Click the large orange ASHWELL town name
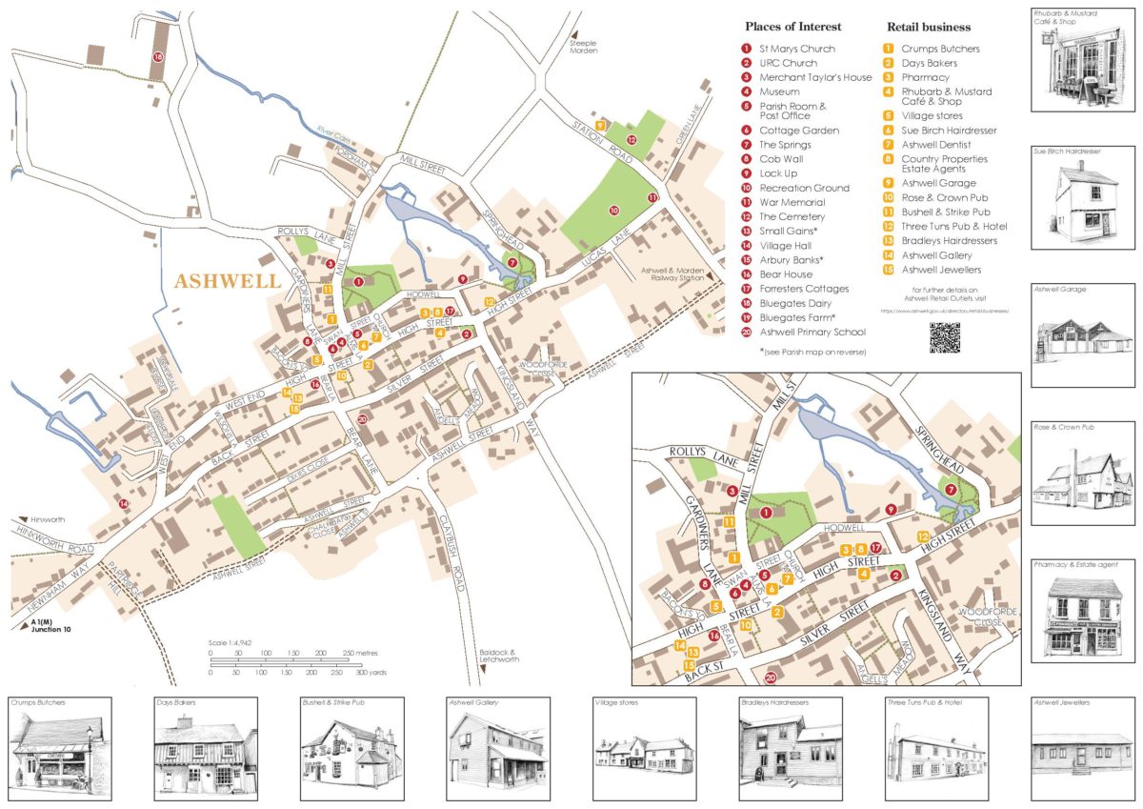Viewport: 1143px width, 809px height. pyautogui.click(x=228, y=281)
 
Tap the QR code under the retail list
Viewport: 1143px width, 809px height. pyautogui.click(x=944, y=337)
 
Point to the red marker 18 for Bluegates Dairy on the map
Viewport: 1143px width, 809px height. pyautogui.click(x=158, y=58)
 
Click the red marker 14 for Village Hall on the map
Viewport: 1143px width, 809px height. pyautogui.click(x=123, y=502)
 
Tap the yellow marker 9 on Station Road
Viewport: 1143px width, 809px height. pyautogui.click(x=599, y=126)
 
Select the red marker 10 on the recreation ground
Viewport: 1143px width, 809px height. pyautogui.click(x=613, y=210)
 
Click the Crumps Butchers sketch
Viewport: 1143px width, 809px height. pyautogui.click(x=59, y=747)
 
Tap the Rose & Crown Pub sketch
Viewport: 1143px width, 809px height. pyautogui.click(x=1081, y=481)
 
